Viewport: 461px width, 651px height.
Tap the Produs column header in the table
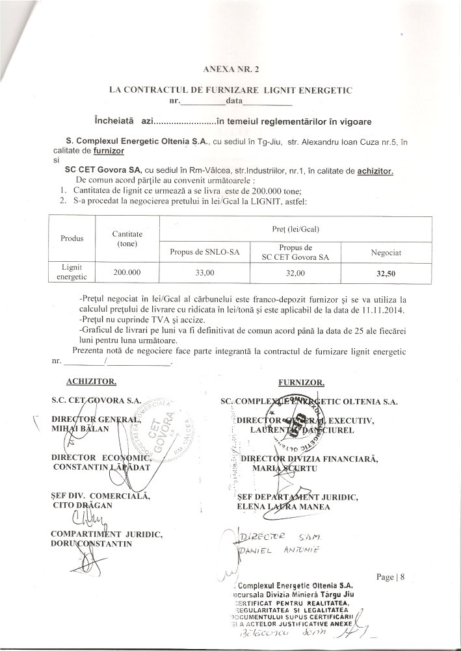72,238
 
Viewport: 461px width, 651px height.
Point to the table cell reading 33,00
202,274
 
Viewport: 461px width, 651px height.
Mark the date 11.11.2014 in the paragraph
380,309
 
